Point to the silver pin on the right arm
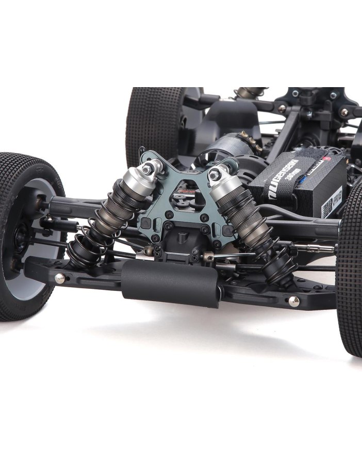tap(293, 301)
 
